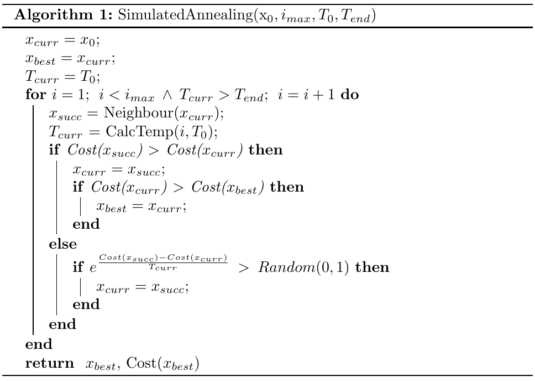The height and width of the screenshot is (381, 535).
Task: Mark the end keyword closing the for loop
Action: click(39, 344)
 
